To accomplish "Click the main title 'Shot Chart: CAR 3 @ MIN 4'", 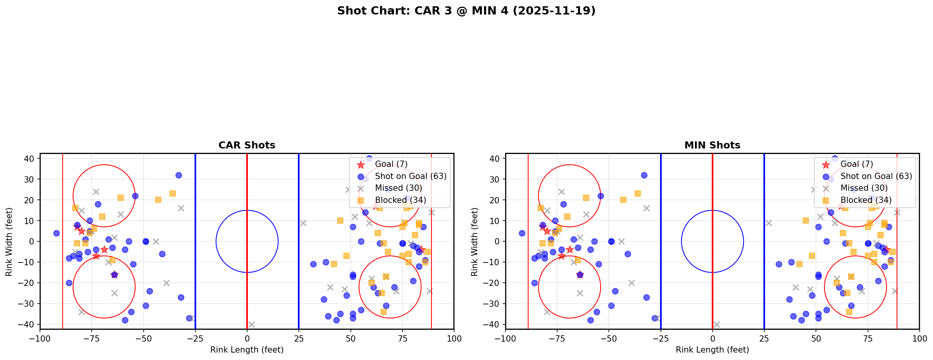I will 466,11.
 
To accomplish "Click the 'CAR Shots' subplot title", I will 247,145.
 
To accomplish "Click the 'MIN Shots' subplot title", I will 712,145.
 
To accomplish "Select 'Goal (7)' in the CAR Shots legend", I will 391,164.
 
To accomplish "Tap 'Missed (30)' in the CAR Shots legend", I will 398,188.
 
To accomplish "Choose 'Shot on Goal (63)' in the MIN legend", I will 876,176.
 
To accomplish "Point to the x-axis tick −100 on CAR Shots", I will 40,338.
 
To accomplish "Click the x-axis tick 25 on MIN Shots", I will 764,338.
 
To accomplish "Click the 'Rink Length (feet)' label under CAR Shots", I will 247,350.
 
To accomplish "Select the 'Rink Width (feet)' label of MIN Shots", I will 475,241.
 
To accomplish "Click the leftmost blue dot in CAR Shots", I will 56,233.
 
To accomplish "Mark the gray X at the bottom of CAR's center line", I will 251,324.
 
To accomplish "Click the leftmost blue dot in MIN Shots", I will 522,233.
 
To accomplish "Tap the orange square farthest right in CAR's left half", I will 172,194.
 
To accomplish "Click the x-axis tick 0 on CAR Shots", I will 247,338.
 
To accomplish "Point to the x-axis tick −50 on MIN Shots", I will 609,338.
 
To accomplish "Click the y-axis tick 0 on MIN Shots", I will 498,241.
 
